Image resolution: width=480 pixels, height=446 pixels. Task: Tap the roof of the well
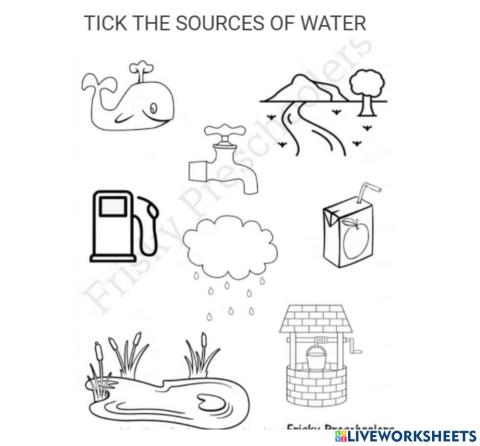click(316, 316)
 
